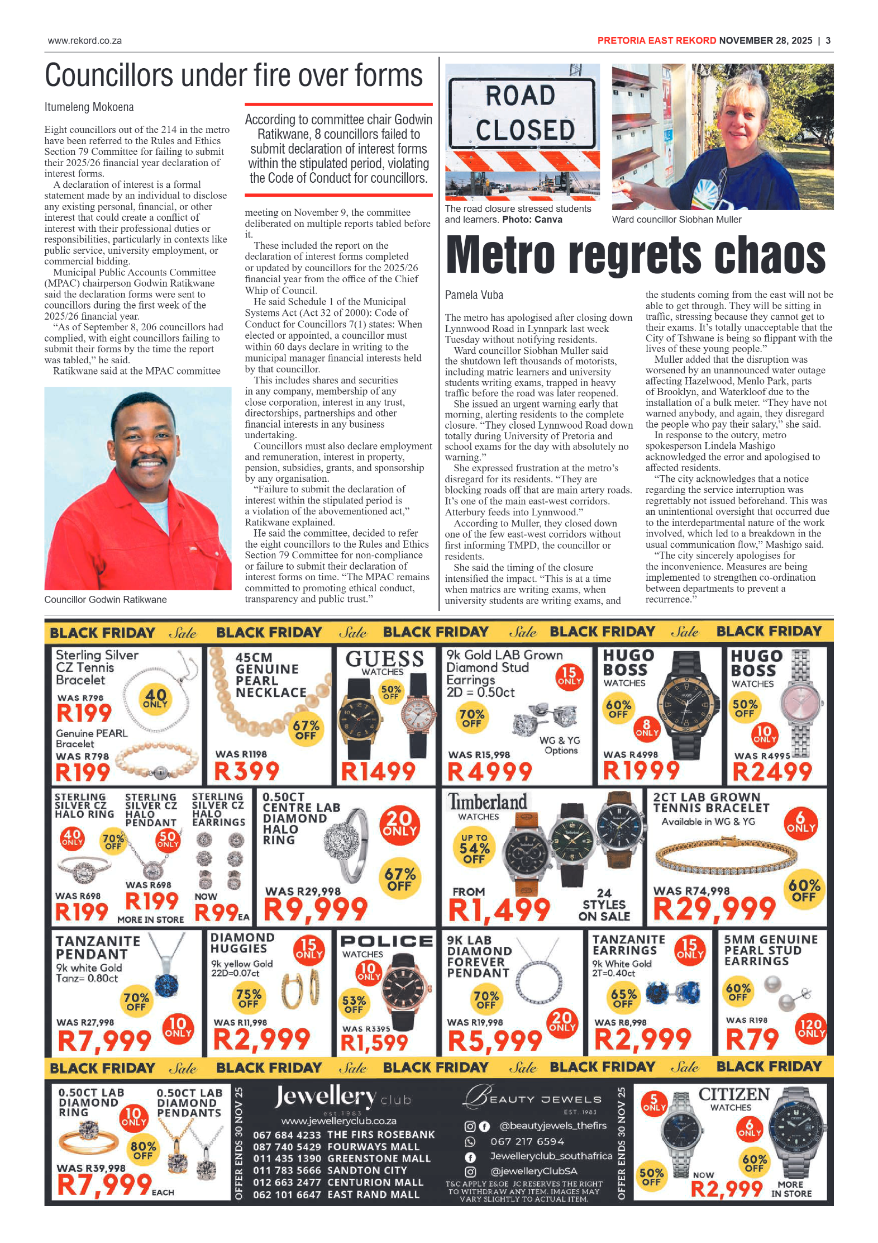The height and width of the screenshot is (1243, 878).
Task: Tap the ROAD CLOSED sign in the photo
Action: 522,113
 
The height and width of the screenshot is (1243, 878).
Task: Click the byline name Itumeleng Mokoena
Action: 89,107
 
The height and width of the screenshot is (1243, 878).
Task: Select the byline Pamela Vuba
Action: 474,295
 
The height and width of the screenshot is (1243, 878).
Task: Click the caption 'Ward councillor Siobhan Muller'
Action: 676,220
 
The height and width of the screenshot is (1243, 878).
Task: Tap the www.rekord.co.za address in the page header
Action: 84,41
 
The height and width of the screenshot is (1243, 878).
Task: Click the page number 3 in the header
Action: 828,41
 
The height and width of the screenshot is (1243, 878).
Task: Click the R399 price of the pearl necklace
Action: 246,772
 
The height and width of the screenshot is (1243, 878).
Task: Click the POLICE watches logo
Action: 386,942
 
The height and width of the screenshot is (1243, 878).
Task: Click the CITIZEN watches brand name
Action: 733,1094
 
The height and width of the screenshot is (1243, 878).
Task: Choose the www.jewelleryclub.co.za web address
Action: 338,1121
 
